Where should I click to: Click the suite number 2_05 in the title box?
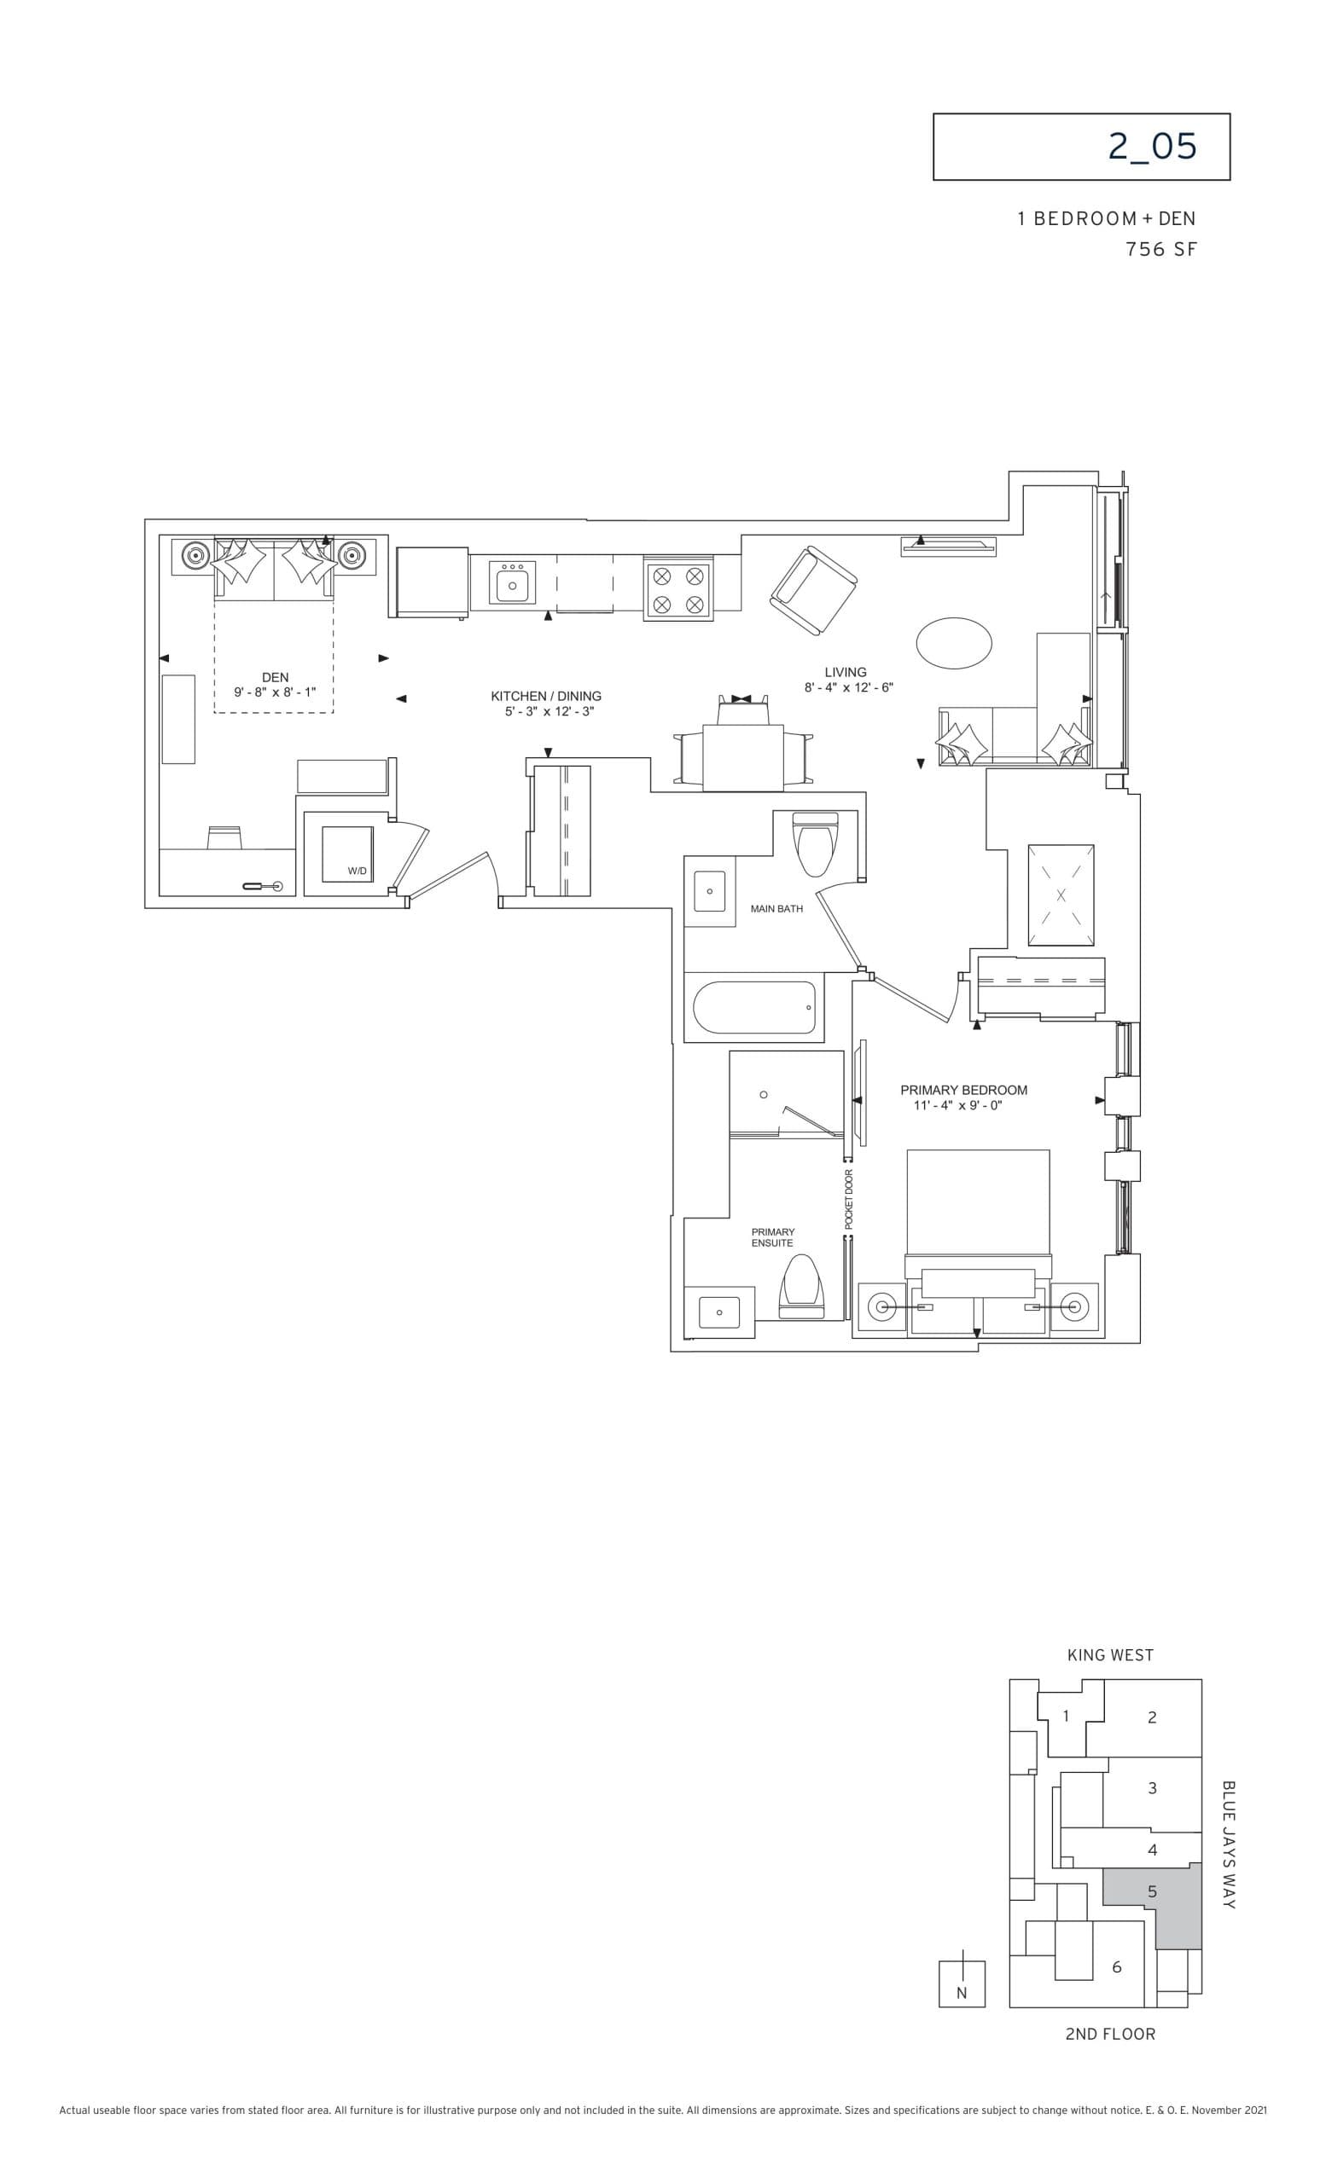coord(1151,147)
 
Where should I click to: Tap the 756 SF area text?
coord(1160,250)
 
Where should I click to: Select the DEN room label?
coord(275,678)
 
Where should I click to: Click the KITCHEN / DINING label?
coord(546,697)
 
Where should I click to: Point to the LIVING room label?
coord(845,673)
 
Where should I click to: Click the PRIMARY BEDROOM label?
coord(963,1091)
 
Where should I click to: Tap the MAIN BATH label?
coord(776,909)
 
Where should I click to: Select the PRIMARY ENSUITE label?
coord(772,1237)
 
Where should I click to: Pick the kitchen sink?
coord(512,586)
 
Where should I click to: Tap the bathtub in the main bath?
coord(753,1007)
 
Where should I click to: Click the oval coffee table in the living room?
coord(954,642)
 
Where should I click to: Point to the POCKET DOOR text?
coord(848,1199)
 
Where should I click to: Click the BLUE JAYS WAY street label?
coord(1228,1844)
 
